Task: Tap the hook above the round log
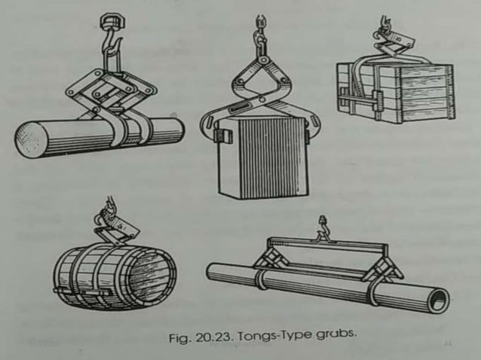point(109,43)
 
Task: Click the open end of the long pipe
point(438,298)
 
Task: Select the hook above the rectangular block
point(261,33)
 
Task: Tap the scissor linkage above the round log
point(112,90)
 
